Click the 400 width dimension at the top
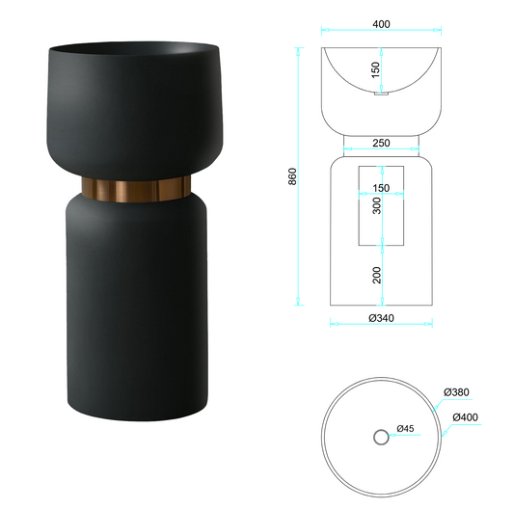pos(381,24)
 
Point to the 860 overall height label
pos(292,176)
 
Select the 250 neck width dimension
pos(381,143)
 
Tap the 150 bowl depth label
pos(376,69)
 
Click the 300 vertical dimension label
pos(377,205)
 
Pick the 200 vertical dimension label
pos(377,275)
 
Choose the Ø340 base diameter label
pos(381,318)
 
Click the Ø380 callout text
pos(456,392)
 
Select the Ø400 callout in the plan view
pos(465,417)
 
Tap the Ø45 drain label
pos(405,428)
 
